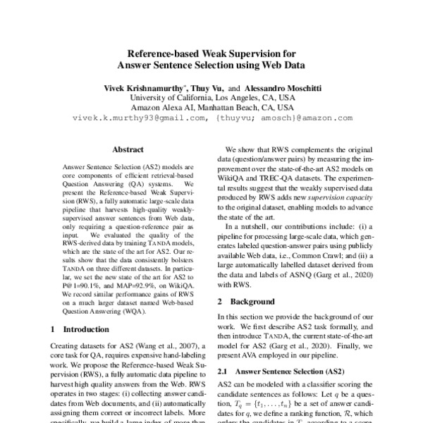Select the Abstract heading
[128, 149]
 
